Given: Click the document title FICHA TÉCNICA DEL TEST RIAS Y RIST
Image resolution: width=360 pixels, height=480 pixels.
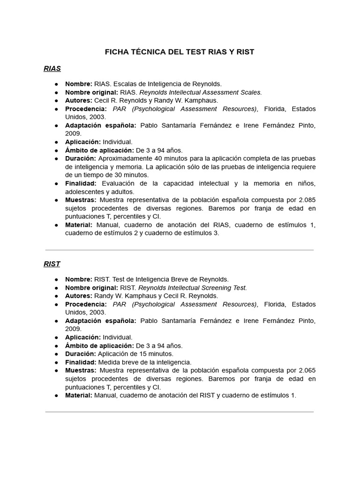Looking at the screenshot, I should pyautogui.click(x=180, y=52).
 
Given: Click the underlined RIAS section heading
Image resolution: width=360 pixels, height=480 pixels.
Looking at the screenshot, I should pyautogui.click(x=52, y=69).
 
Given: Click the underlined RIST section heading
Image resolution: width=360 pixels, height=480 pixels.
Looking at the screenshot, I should pyautogui.click(x=52, y=264).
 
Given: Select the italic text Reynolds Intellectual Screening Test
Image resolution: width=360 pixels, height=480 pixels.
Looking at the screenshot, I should pyautogui.click(x=193, y=287).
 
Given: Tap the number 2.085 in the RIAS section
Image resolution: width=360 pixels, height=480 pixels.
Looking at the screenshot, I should pyautogui.click(x=306, y=200).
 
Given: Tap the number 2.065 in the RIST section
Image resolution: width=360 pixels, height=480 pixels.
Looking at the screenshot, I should pyautogui.click(x=306, y=371).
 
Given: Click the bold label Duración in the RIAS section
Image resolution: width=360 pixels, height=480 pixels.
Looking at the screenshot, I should pyautogui.click(x=80, y=158).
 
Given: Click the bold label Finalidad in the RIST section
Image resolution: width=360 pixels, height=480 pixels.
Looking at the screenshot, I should pyautogui.click(x=81, y=362).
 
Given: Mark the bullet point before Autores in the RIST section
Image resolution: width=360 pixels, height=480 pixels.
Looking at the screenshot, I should pyautogui.click(x=56, y=296).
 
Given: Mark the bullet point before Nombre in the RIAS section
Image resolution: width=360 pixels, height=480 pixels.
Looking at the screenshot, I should pyautogui.click(x=56, y=84).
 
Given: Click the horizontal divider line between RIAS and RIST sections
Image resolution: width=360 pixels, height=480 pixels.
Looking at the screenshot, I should pyautogui.click(x=180, y=250).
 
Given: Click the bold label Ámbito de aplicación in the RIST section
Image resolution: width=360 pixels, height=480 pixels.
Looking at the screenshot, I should pyautogui.click(x=99, y=345).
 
